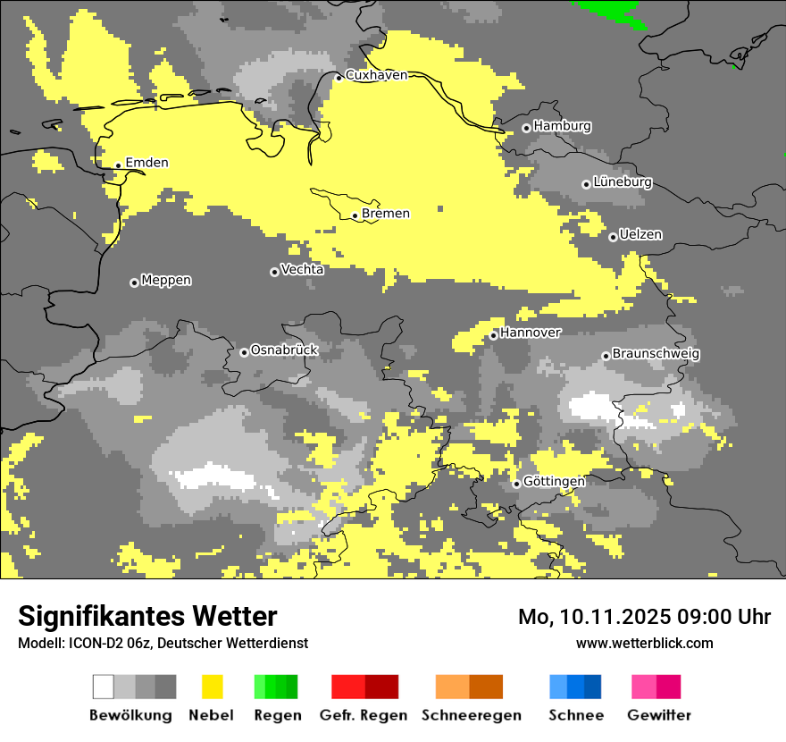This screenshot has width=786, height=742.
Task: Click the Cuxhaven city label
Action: (x=376, y=75)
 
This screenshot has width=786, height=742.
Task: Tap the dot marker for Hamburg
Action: (x=527, y=128)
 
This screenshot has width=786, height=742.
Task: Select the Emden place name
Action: (x=146, y=163)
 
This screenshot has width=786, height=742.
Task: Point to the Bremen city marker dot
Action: (x=355, y=215)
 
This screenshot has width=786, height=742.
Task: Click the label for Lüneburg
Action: (x=623, y=182)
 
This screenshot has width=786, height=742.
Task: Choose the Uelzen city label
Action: (x=640, y=235)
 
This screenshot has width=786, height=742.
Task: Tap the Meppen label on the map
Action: (x=166, y=281)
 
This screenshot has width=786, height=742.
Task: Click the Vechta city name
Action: (x=302, y=270)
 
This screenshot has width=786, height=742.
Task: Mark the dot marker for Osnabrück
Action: (x=244, y=352)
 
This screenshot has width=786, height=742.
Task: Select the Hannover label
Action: (x=531, y=333)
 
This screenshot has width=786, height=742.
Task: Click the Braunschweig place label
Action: (x=656, y=354)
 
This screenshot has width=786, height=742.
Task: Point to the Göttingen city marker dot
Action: (x=516, y=484)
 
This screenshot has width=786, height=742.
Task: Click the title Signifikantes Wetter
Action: (x=147, y=616)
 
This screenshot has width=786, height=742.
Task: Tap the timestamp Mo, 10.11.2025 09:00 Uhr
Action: (x=644, y=617)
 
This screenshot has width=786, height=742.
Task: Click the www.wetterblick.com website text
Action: (x=644, y=643)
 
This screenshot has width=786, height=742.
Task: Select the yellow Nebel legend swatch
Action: (x=212, y=687)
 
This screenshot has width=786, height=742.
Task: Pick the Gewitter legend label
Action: (x=658, y=715)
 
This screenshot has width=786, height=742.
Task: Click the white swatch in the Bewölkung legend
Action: (x=103, y=687)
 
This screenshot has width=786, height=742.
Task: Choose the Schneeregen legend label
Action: (x=471, y=715)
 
